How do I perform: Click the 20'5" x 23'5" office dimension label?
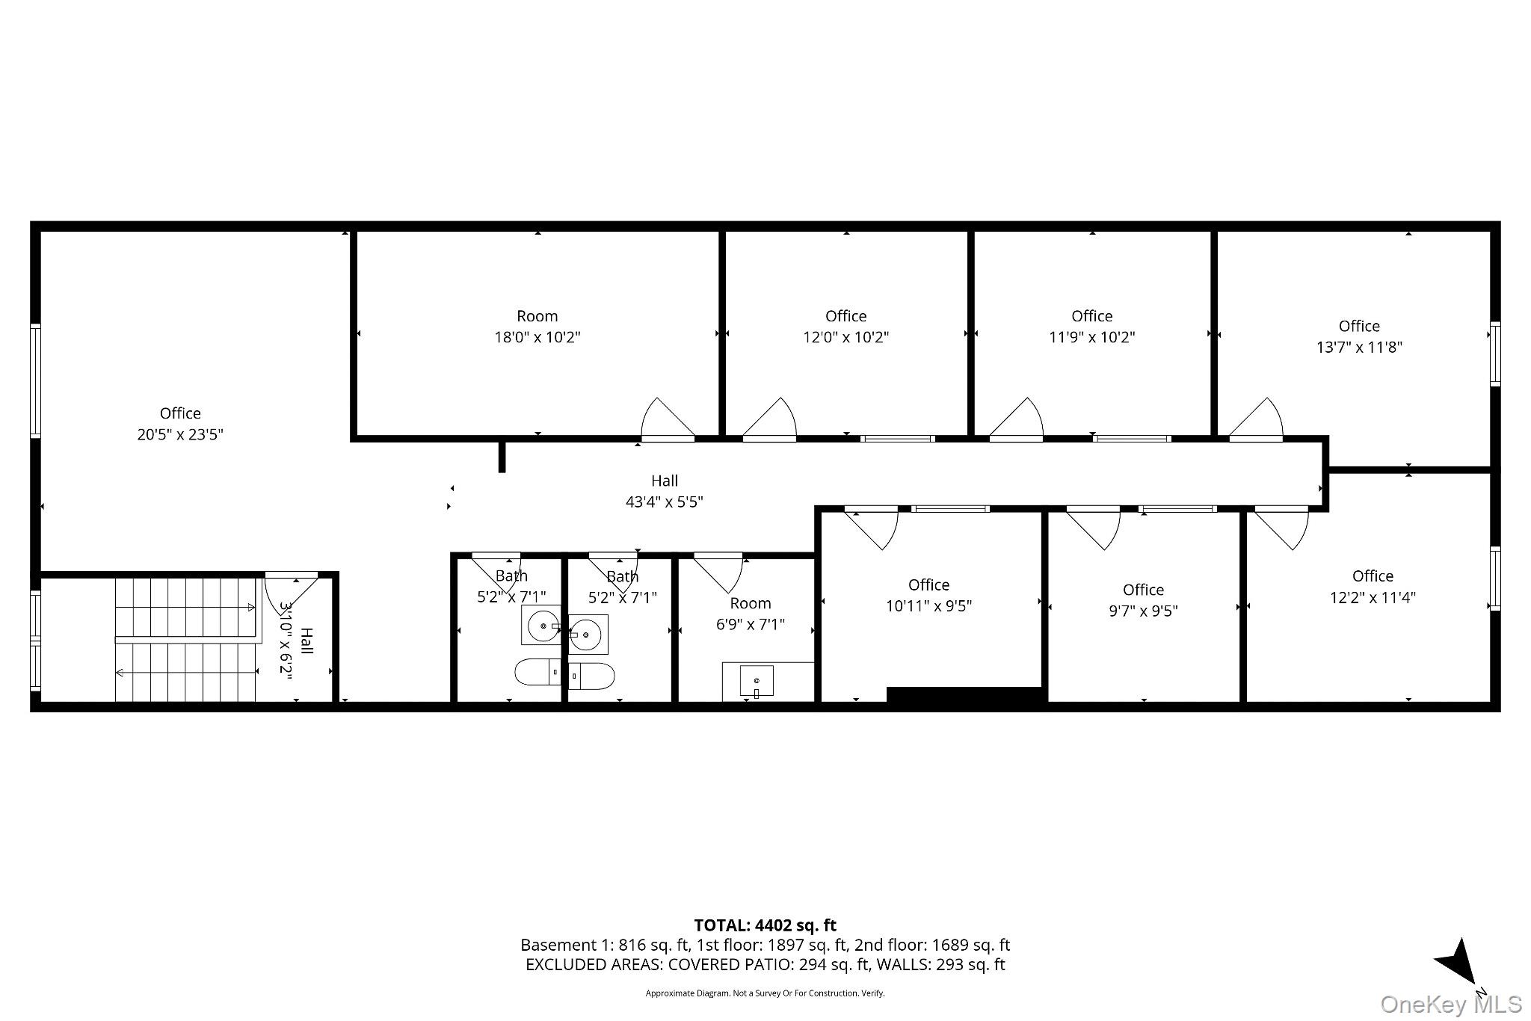pos(180,434)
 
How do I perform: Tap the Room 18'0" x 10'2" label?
pos(537,327)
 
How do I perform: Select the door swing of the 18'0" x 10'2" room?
pos(668,419)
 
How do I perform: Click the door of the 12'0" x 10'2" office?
pos(769,419)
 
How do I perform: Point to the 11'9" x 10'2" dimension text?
pos(1092,337)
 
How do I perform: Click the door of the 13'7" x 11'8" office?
pos(1256,419)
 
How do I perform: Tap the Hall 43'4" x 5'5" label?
pos(665,491)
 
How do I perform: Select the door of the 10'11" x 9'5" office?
pos(871,528)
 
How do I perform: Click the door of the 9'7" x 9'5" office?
pos(1093,528)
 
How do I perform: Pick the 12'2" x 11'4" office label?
pos(1373,587)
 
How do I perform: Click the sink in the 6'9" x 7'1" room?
pos(757,681)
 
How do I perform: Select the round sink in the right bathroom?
pos(588,634)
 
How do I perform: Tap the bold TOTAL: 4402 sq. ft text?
pos(765,926)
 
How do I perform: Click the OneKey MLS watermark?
pos(1451,1004)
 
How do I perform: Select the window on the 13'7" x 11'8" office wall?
pos(1495,354)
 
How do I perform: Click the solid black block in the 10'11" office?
pos(964,695)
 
